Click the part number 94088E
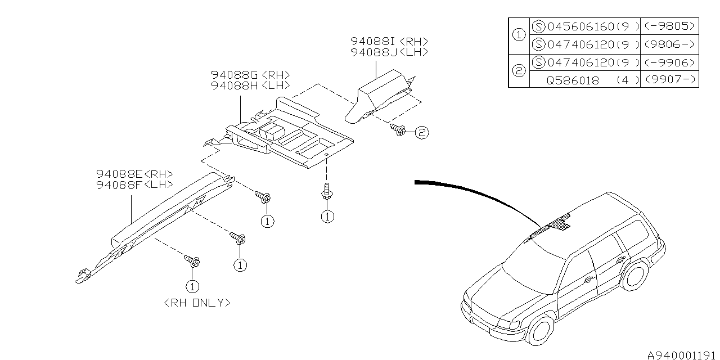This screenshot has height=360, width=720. (119, 174)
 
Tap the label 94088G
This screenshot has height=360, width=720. (235, 75)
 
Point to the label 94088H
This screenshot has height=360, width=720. (235, 85)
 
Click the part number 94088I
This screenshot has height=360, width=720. (372, 41)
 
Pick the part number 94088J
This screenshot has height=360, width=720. (374, 52)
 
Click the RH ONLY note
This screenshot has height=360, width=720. (197, 303)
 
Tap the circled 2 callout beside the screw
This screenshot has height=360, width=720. (422, 132)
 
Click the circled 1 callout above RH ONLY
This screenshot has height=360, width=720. (192, 286)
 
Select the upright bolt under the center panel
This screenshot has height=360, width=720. (327, 192)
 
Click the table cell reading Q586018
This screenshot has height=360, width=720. (573, 80)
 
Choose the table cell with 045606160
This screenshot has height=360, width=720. (581, 26)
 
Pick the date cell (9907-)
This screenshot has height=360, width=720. (670, 79)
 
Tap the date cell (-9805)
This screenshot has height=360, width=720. (669, 26)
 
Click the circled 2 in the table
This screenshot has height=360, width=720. (519, 71)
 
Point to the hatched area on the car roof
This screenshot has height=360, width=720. (550, 227)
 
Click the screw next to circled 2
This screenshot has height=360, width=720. (398, 129)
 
